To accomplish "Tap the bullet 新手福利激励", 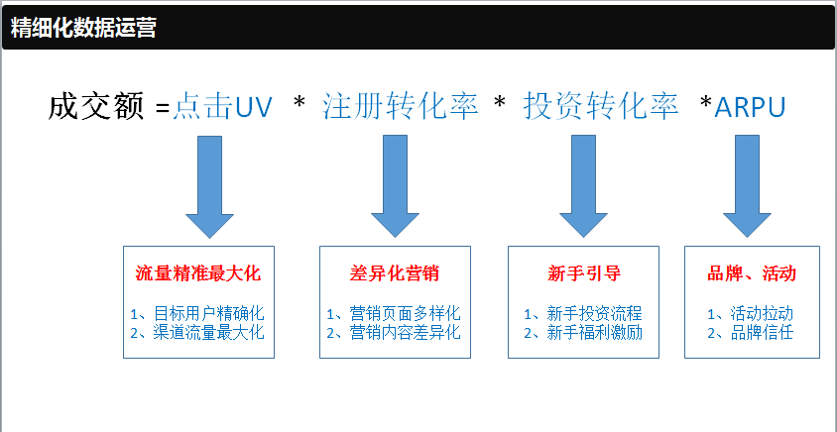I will (x=594, y=333).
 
